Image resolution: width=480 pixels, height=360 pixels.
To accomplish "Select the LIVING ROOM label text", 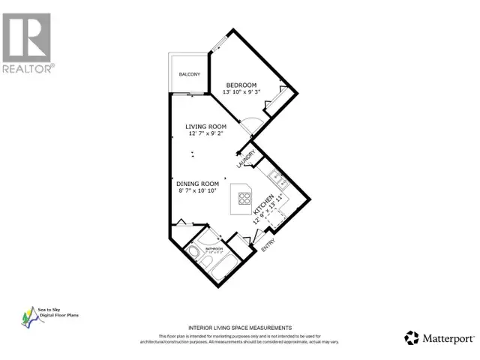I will click(x=207, y=127).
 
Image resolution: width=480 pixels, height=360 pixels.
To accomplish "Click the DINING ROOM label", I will click(x=197, y=184).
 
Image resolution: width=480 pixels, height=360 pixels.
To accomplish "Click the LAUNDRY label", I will click(x=241, y=160).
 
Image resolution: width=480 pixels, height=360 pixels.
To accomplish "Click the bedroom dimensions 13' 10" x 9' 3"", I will click(x=243, y=93).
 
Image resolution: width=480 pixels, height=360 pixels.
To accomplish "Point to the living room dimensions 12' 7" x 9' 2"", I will click(x=207, y=136).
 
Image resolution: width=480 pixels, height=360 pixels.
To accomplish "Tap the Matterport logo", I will click(x=434, y=337).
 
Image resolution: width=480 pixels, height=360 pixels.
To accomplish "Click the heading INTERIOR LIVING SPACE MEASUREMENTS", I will click(x=240, y=328).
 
